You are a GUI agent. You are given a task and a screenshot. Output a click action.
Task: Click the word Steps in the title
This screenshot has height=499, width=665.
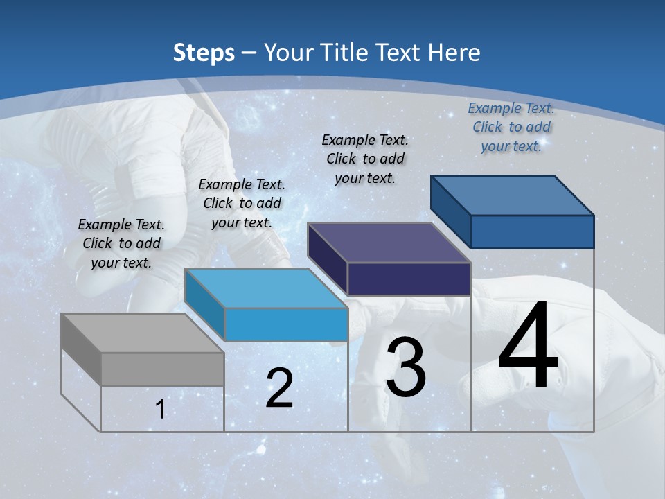point(203,53)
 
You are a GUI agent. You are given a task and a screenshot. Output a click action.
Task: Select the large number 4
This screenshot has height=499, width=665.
point(528,347)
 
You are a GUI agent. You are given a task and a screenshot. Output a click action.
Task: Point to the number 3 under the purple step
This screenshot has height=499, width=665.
point(406,367)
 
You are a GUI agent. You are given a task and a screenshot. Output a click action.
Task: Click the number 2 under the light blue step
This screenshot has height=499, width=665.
point(279,388)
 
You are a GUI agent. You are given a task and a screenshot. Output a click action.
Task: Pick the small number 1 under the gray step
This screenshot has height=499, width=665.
point(161,410)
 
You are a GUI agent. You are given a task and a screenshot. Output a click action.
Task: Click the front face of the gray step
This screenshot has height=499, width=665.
point(162,369)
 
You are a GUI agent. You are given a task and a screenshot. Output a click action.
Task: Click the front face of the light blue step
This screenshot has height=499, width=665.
point(286,324)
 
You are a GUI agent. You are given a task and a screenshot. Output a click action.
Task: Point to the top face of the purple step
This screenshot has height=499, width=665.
point(389,243)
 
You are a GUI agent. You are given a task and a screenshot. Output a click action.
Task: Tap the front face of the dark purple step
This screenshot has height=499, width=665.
point(409,279)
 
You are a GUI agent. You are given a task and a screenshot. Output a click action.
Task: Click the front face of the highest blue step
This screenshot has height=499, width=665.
point(532,231)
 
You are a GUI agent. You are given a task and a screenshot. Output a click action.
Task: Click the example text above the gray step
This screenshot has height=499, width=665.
point(121,243)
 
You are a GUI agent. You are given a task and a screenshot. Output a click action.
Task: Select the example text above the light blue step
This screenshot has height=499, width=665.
point(242,203)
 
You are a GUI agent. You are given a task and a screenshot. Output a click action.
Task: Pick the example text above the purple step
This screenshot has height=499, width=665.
point(365,159)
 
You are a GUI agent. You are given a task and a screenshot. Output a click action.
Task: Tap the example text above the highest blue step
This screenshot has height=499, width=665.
point(511,127)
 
